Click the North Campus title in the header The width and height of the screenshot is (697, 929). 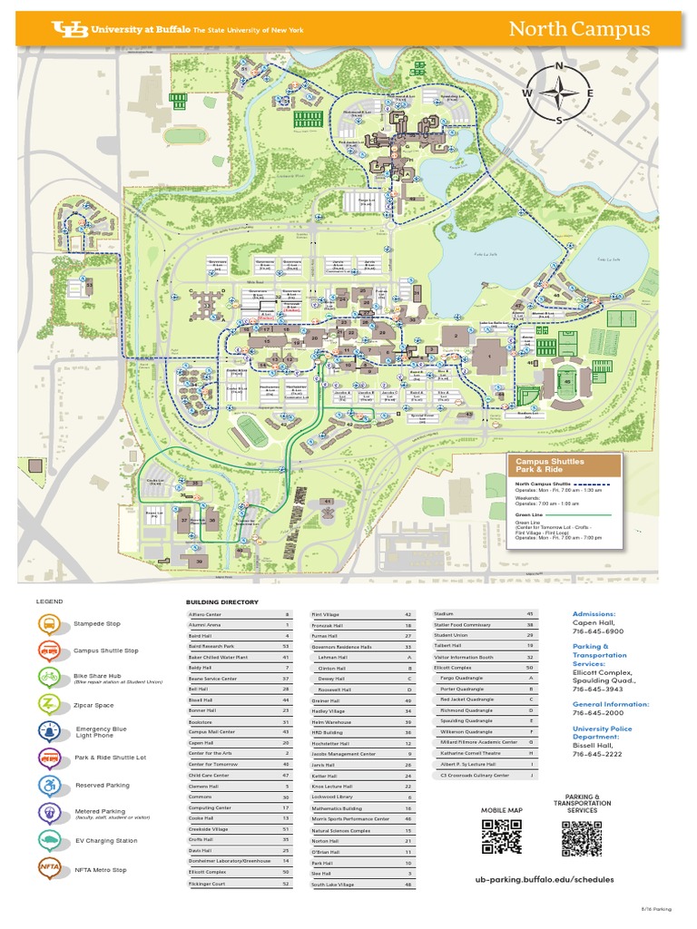tap(578, 29)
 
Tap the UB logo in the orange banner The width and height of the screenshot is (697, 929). tap(70, 29)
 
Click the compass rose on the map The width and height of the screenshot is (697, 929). tap(559, 93)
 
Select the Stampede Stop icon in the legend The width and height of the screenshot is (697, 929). tap(50, 624)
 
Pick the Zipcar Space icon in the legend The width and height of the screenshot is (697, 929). tap(50, 703)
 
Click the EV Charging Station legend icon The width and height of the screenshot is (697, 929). tap(50, 840)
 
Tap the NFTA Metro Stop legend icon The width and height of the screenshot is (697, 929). tap(50, 869)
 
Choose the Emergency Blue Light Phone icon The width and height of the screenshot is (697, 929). tap(50, 732)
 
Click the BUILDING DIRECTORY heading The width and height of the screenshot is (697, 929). tap(222, 602)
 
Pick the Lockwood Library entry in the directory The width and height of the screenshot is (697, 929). tap(363, 797)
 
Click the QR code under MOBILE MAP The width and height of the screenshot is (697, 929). tap(502, 836)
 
